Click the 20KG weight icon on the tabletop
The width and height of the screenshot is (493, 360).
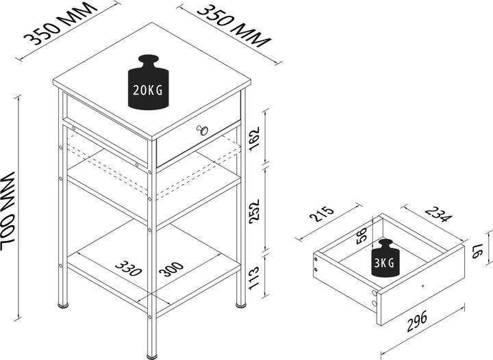(x=148, y=82)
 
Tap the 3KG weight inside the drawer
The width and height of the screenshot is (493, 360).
(x=385, y=258)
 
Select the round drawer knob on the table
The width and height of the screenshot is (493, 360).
(x=203, y=130)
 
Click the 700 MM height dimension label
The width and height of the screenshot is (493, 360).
(x=8, y=211)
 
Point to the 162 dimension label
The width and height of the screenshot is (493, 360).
(x=254, y=138)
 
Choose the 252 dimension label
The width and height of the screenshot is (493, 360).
(x=254, y=211)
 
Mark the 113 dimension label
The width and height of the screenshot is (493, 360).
(x=254, y=279)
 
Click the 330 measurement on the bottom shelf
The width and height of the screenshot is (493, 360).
(x=128, y=268)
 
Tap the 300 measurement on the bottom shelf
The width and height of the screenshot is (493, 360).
(x=171, y=269)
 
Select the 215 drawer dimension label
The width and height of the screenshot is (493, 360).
(x=321, y=214)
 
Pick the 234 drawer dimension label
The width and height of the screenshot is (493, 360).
(x=438, y=214)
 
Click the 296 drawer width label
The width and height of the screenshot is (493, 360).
(x=417, y=321)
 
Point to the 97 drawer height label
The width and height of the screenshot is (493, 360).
(x=478, y=252)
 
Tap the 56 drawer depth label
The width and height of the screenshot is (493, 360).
(x=362, y=235)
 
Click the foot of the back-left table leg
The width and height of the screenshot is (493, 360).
(x=63, y=305)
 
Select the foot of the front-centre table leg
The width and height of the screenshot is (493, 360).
(x=152, y=357)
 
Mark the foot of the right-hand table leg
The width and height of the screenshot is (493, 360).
(x=241, y=305)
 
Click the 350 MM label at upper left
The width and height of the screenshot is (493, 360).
(x=61, y=24)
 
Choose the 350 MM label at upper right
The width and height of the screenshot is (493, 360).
(x=234, y=27)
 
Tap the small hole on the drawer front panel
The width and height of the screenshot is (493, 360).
(x=422, y=286)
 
